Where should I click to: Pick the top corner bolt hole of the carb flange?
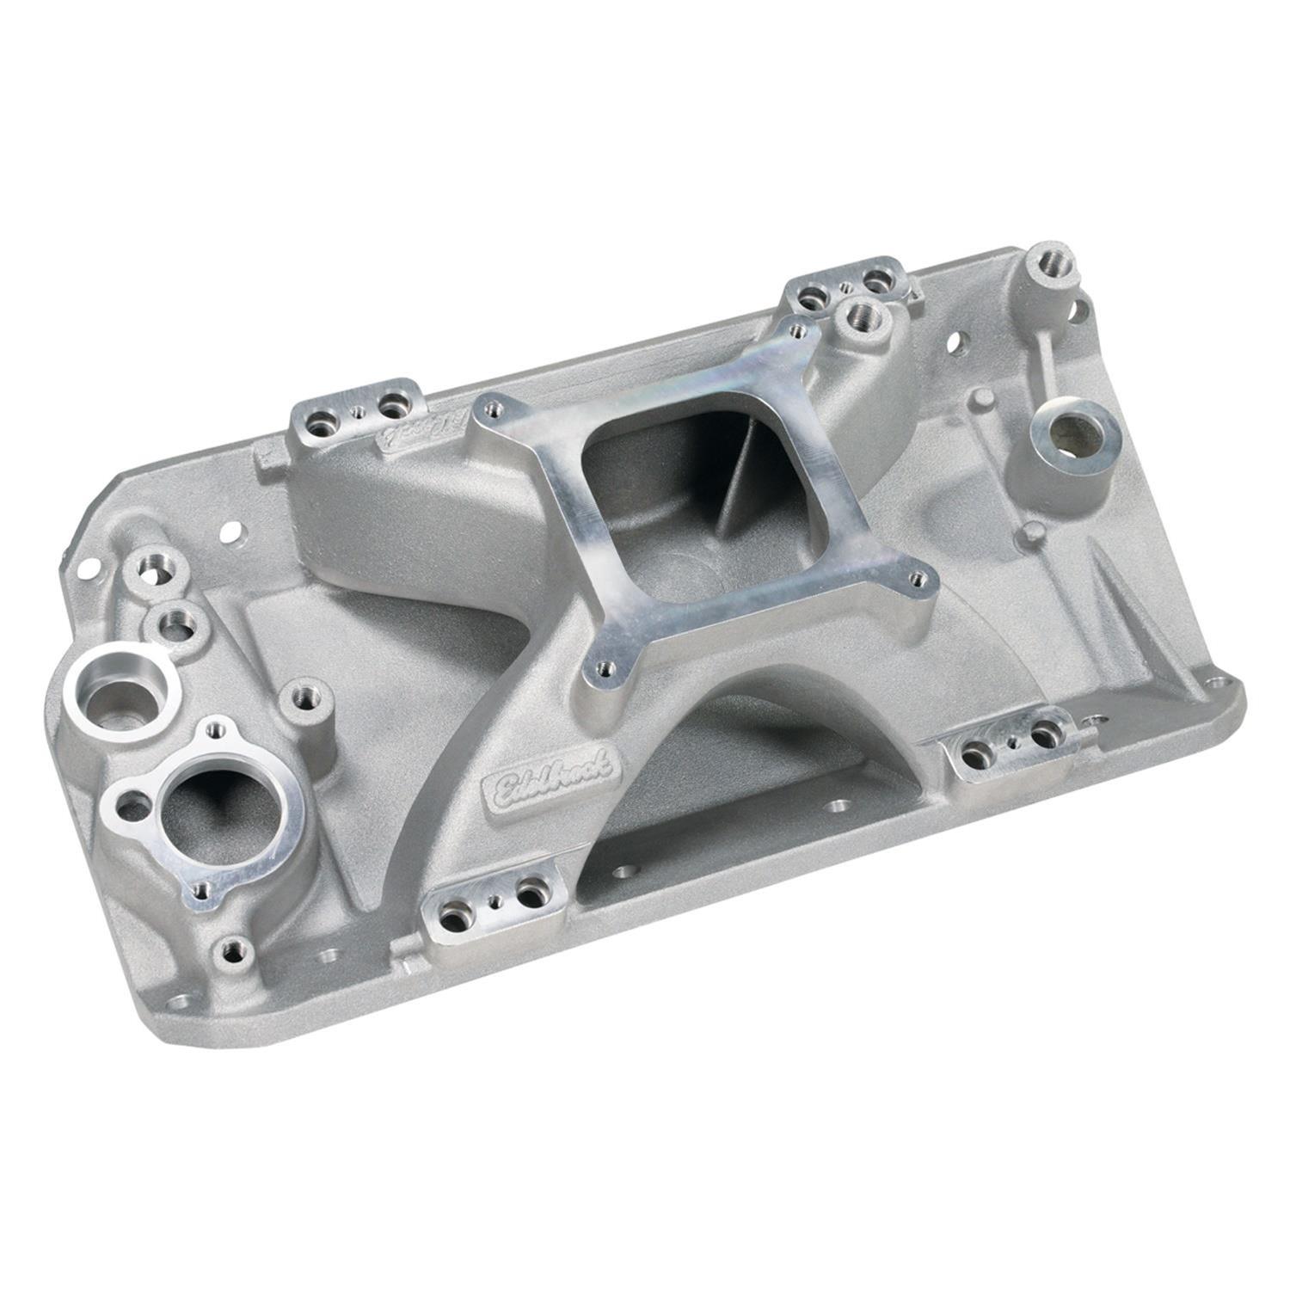[x=792, y=331]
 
